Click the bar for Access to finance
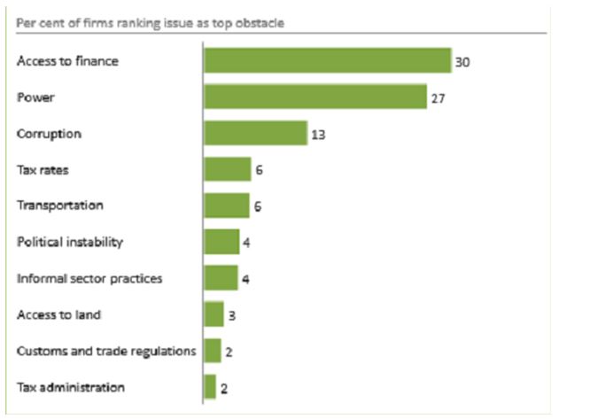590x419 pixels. tap(328, 60)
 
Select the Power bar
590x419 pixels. tap(315, 97)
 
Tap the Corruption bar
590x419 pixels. tap(255, 133)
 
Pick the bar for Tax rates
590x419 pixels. tap(228, 169)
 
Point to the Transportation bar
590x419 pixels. tap(227, 205)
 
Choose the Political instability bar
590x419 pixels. tap(221, 242)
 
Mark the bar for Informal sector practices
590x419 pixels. tap(221, 278)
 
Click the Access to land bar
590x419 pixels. tap(213, 314)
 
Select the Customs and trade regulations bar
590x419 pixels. tap(213, 351)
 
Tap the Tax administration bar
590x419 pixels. tap(210, 387)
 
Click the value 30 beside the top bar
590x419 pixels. tap(462, 62)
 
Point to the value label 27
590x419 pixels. tap(438, 98)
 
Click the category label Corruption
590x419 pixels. tap(49, 134)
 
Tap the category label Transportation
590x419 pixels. tap(60, 206)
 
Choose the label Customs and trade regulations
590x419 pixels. tap(106, 351)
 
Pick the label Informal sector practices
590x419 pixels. tap(89, 278)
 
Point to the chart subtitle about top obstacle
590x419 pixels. tap(150, 22)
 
